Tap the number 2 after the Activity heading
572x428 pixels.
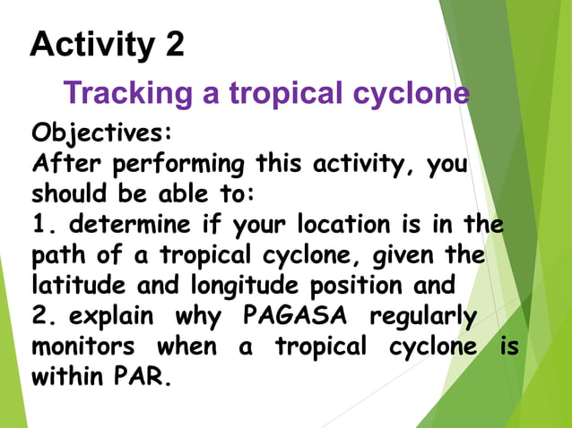point(174,44)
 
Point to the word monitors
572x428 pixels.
point(82,347)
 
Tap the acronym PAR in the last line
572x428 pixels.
point(143,377)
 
